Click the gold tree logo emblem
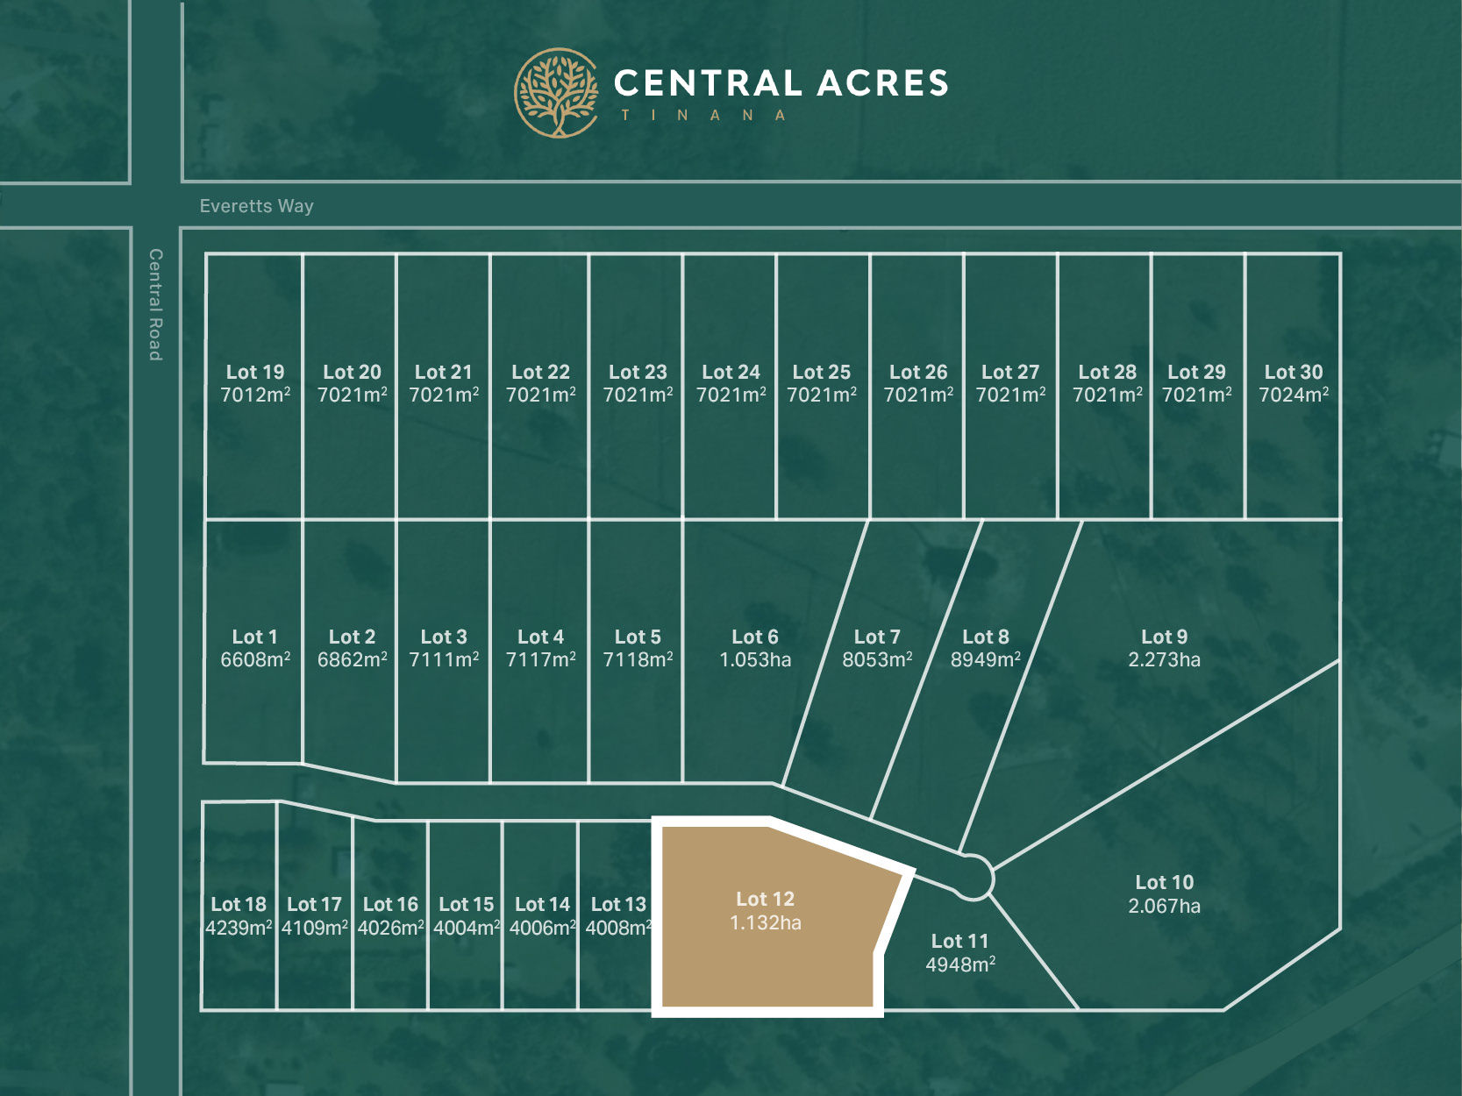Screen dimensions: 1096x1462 pos(556,93)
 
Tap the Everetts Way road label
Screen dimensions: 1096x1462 pos(256,206)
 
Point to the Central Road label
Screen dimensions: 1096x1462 pos(155,304)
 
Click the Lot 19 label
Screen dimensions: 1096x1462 pos(255,372)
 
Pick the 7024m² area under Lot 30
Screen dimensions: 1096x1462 pos(1294,395)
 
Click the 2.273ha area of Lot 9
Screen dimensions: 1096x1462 pos(1164,660)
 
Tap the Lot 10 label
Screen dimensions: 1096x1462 pos(1164,882)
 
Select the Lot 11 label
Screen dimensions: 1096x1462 pos(959,941)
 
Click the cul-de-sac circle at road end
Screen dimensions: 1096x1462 pos(972,877)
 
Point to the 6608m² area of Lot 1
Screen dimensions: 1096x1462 pos(255,660)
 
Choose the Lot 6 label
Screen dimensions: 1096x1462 pos(754,637)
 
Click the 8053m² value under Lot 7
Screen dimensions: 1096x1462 pos(877,660)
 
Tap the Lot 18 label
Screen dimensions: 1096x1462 pos(239,904)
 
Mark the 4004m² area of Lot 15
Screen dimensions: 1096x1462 pos(467,928)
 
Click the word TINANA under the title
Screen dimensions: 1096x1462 pos(702,116)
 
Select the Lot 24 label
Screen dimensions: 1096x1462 pos(731,372)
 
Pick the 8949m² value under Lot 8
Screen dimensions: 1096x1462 pos(985,660)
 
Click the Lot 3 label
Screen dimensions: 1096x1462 pos(444,637)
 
